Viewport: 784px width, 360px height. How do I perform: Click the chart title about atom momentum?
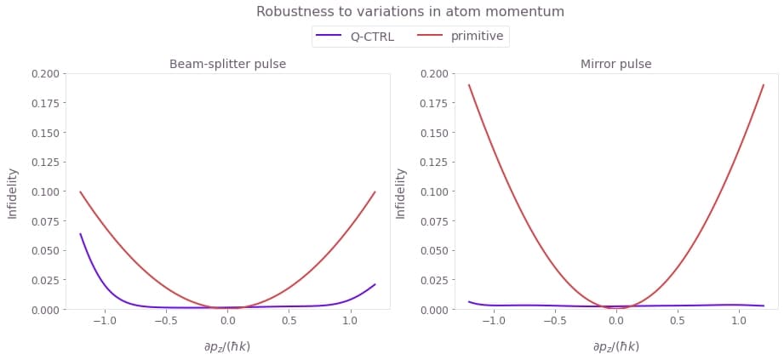pos(409,12)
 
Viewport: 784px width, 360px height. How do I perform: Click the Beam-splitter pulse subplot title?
pos(227,65)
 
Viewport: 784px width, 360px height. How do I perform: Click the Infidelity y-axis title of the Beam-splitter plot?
pos(13,192)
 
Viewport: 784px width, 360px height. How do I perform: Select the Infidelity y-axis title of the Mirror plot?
pos(401,192)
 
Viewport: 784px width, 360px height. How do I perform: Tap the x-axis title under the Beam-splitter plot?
pos(227,346)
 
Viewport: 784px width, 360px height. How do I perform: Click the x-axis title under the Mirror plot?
pos(616,346)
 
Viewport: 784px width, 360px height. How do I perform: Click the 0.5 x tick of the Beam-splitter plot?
pos(289,323)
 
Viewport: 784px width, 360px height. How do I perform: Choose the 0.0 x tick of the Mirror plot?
pos(616,323)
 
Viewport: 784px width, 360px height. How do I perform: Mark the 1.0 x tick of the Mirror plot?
pos(739,323)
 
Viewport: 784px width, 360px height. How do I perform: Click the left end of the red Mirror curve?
pos(469,85)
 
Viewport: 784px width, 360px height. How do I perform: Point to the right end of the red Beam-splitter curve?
pos(375,192)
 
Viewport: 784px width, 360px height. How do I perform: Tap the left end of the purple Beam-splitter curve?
pos(81,234)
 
